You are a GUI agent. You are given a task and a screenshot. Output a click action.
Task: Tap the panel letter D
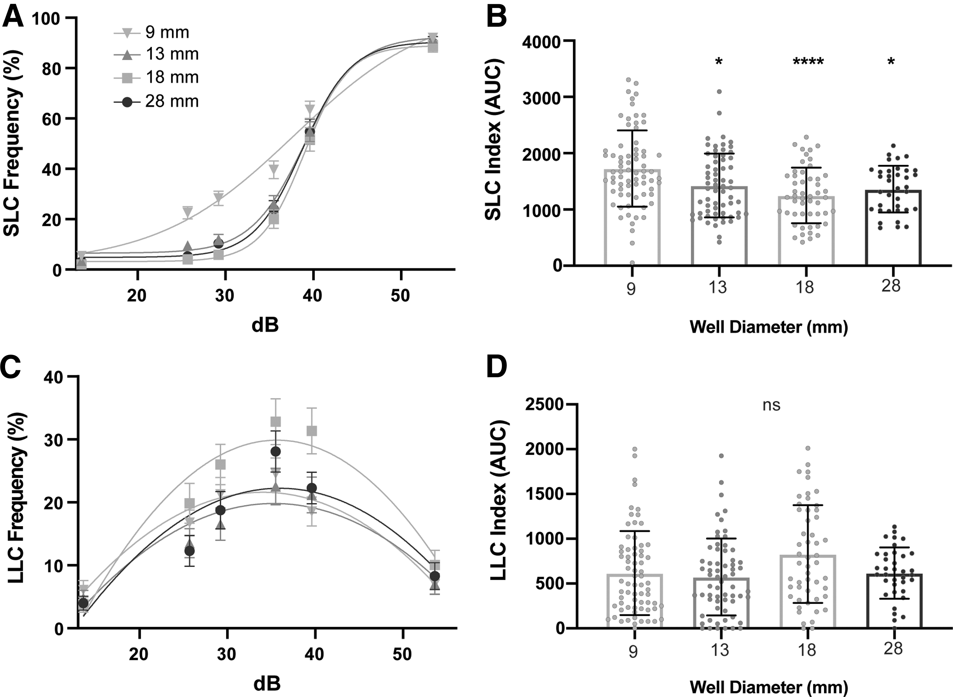[x=497, y=367]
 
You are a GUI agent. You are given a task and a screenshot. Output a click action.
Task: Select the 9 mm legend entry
[x=152, y=33]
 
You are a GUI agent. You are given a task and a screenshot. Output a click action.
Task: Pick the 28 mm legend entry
[x=156, y=101]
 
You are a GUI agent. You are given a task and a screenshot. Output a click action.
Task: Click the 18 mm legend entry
[x=156, y=78]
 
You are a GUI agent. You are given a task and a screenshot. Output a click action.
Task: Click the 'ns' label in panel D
[x=772, y=405]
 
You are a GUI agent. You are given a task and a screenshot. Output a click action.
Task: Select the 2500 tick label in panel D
[x=543, y=404]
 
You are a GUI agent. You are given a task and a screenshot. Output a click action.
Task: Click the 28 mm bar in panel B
[x=893, y=228]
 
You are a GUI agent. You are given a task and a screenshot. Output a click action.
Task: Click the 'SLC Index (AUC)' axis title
[x=493, y=139]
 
